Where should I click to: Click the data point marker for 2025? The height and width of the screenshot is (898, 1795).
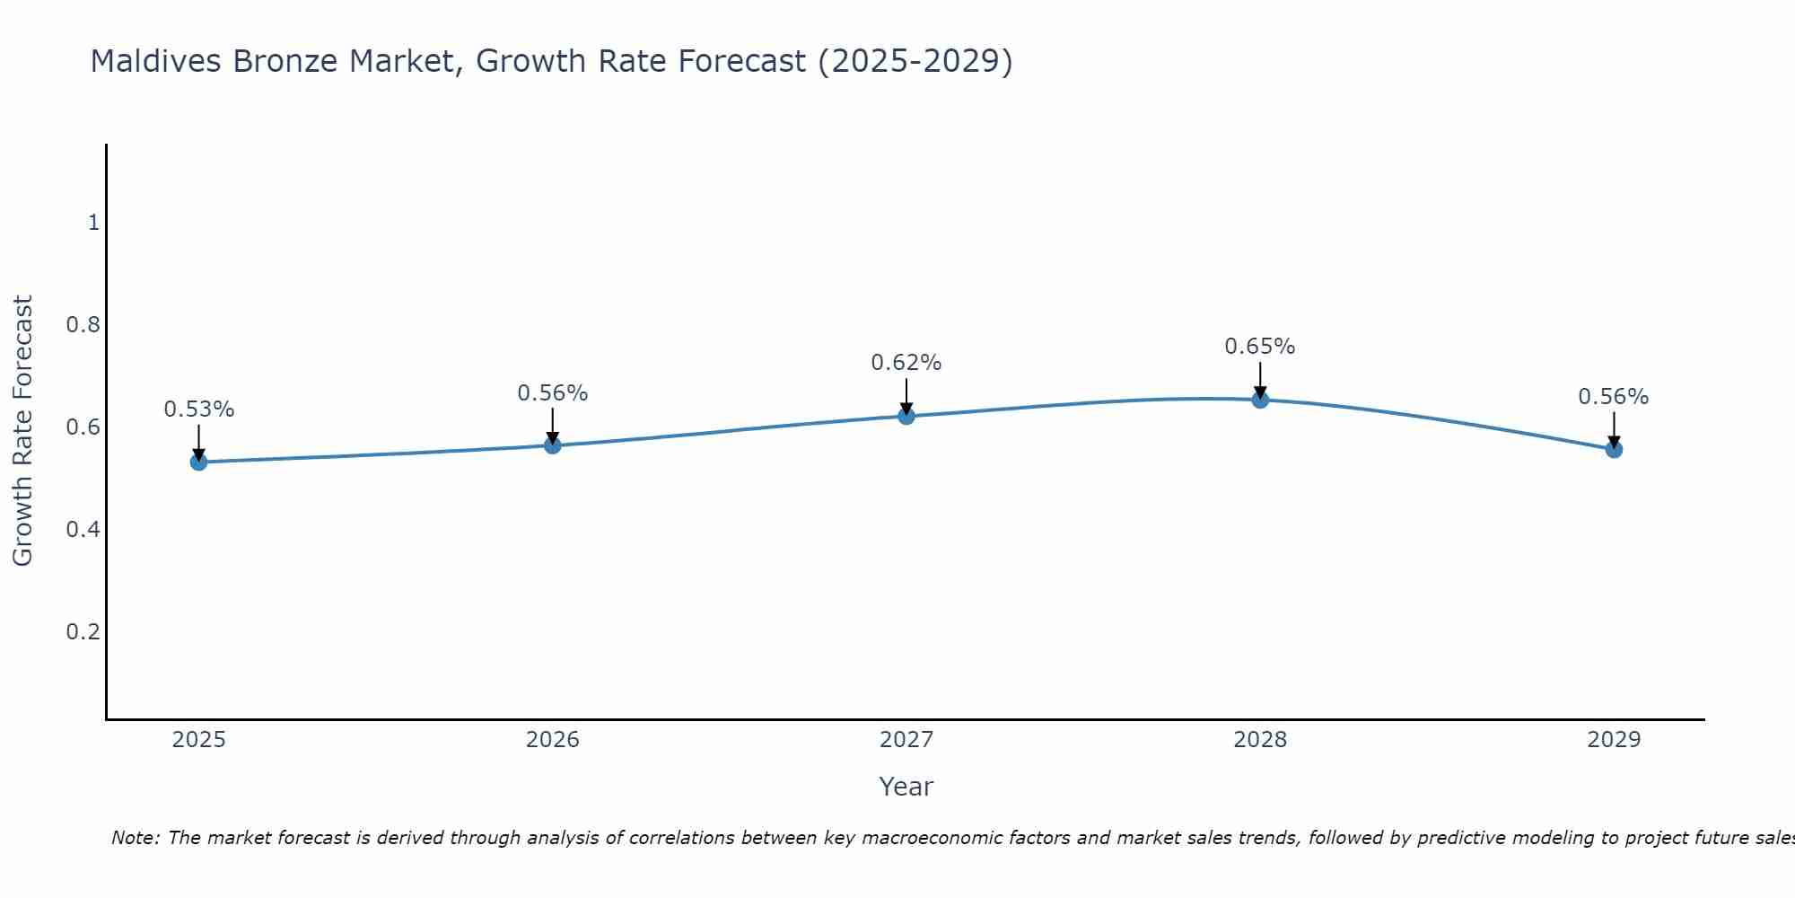198,462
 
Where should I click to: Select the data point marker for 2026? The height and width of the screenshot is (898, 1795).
552,445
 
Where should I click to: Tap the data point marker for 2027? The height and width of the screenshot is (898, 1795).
906,416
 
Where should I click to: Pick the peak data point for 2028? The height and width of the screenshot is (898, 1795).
1259,400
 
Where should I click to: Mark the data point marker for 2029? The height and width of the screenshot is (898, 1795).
1613,449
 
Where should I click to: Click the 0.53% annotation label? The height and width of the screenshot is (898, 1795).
198,409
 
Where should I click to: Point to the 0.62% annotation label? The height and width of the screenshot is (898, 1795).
906,363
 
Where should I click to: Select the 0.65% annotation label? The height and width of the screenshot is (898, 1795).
1259,347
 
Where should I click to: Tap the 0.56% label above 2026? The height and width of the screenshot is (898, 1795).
552,393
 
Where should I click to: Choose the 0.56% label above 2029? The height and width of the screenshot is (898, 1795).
1613,397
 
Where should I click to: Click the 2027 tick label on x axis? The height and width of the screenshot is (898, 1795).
906,740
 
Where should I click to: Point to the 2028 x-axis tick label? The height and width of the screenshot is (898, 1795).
1259,740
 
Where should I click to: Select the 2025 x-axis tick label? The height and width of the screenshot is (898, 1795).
198,740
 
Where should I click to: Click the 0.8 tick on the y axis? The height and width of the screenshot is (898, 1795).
83,324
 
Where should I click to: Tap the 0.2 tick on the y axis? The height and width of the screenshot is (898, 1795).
83,631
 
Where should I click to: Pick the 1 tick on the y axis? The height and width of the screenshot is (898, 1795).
93,222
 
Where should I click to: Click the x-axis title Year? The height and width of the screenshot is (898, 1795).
906,787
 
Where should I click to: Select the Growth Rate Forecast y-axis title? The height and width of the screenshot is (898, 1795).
22,430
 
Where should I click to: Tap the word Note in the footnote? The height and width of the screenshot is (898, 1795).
134,838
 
